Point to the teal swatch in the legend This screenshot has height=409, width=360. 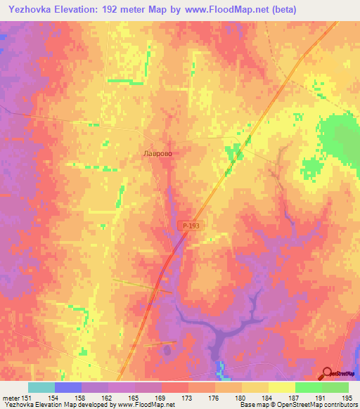(41, 387)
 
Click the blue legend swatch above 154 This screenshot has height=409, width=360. (68, 387)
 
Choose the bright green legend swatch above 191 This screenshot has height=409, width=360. (309, 387)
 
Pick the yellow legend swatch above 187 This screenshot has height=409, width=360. (282, 387)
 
